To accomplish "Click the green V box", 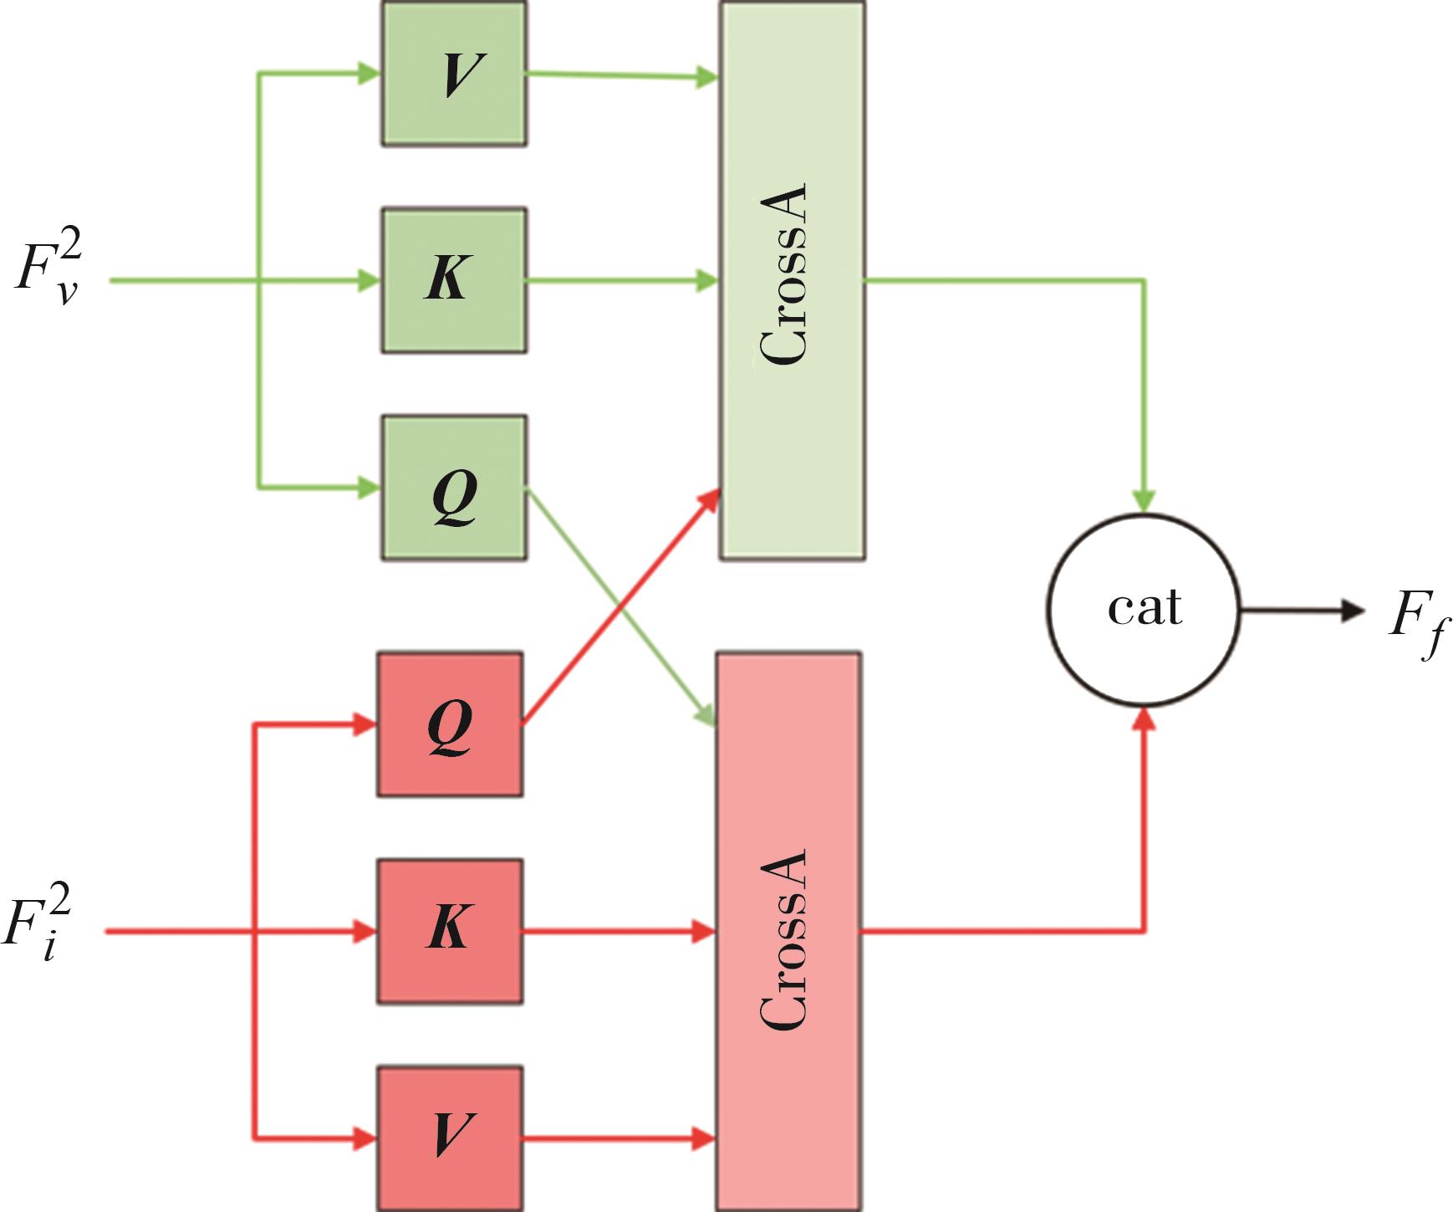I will pos(454,74).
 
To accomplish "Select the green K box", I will pos(454,280).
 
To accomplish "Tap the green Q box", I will pos(454,487).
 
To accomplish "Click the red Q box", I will pos(450,724).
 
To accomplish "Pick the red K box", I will pos(450,931).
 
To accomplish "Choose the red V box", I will pos(450,1138).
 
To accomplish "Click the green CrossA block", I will pos(792,280).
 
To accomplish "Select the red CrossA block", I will pos(788,931).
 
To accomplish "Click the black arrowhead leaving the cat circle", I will pos(1352,611).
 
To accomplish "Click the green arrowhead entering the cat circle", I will pos(1143,500).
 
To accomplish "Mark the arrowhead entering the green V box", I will pos(369,74).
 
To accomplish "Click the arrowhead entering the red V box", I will pos(365,1138).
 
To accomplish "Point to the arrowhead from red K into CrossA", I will pos(704,931).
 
